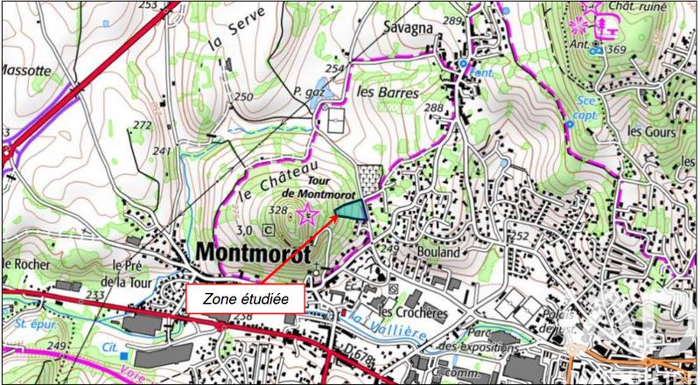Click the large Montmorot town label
pyautogui.click(x=254, y=252)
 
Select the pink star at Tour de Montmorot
pyautogui.click(x=307, y=213)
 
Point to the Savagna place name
pyautogui.click(x=409, y=27)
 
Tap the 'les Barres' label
pyautogui.click(x=382, y=91)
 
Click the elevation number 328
pyautogui.click(x=279, y=210)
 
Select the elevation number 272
pyautogui.click(x=143, y=125)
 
